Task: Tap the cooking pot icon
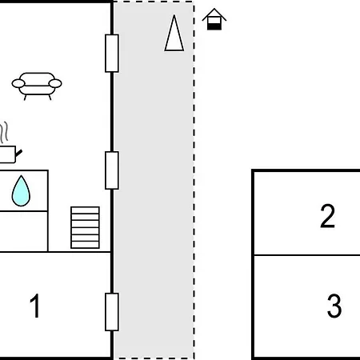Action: pos(7,154)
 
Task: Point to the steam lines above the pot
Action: pos(6,132)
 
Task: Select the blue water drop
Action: pos(21,190)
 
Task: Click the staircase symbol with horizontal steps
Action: pos(85,227)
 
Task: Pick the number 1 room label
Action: pos(35,306)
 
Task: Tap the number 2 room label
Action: pos(327,217)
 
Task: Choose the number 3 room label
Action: pos(334,306)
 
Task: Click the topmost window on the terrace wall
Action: pos(112,54)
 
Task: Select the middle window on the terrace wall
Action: pos(112,170)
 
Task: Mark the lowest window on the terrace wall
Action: pos(112,312)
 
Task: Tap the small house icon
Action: pos(214,19)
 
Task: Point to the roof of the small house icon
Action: pos(214,14)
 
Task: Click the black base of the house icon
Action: pos(214,25)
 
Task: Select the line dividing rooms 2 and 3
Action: pos(306,255)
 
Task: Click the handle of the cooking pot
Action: pos(18,150)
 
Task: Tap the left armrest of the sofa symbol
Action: pos(17,82)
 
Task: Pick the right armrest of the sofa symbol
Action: pos(57,82)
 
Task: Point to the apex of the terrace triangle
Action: pos(174,17)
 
